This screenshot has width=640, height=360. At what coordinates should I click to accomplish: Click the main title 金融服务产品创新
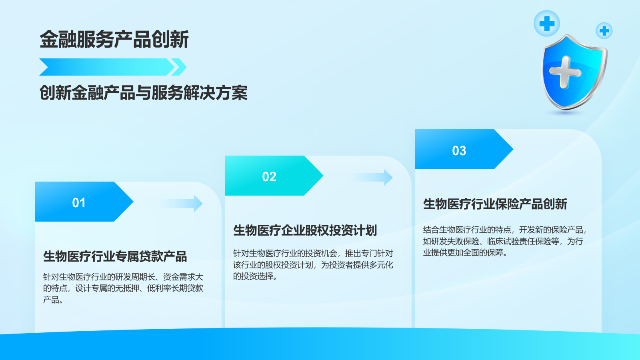tap(114, 40)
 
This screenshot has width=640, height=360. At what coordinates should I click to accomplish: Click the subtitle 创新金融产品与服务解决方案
tap(143, 93)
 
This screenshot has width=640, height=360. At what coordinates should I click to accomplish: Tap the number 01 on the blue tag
tap(79, 203)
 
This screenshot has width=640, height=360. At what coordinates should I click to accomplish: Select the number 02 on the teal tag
tap(269, 177)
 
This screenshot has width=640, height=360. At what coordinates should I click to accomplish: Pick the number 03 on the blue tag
tap(459, 151)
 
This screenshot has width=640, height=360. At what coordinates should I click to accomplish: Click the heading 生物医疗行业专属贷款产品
tap(115, 256)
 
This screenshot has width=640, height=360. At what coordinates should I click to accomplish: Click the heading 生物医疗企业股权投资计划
tap(305, 230)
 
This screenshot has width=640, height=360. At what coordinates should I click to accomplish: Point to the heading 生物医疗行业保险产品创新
tap(495, 204)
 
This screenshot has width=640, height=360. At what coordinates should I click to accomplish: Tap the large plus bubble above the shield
tap(546, 23)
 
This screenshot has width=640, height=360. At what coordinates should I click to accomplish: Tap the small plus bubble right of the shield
tap(604, 31)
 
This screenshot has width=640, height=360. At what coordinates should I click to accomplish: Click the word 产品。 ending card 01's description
tap(53, 300)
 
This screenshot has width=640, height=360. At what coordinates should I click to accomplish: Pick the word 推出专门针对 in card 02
tap(369, 253)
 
